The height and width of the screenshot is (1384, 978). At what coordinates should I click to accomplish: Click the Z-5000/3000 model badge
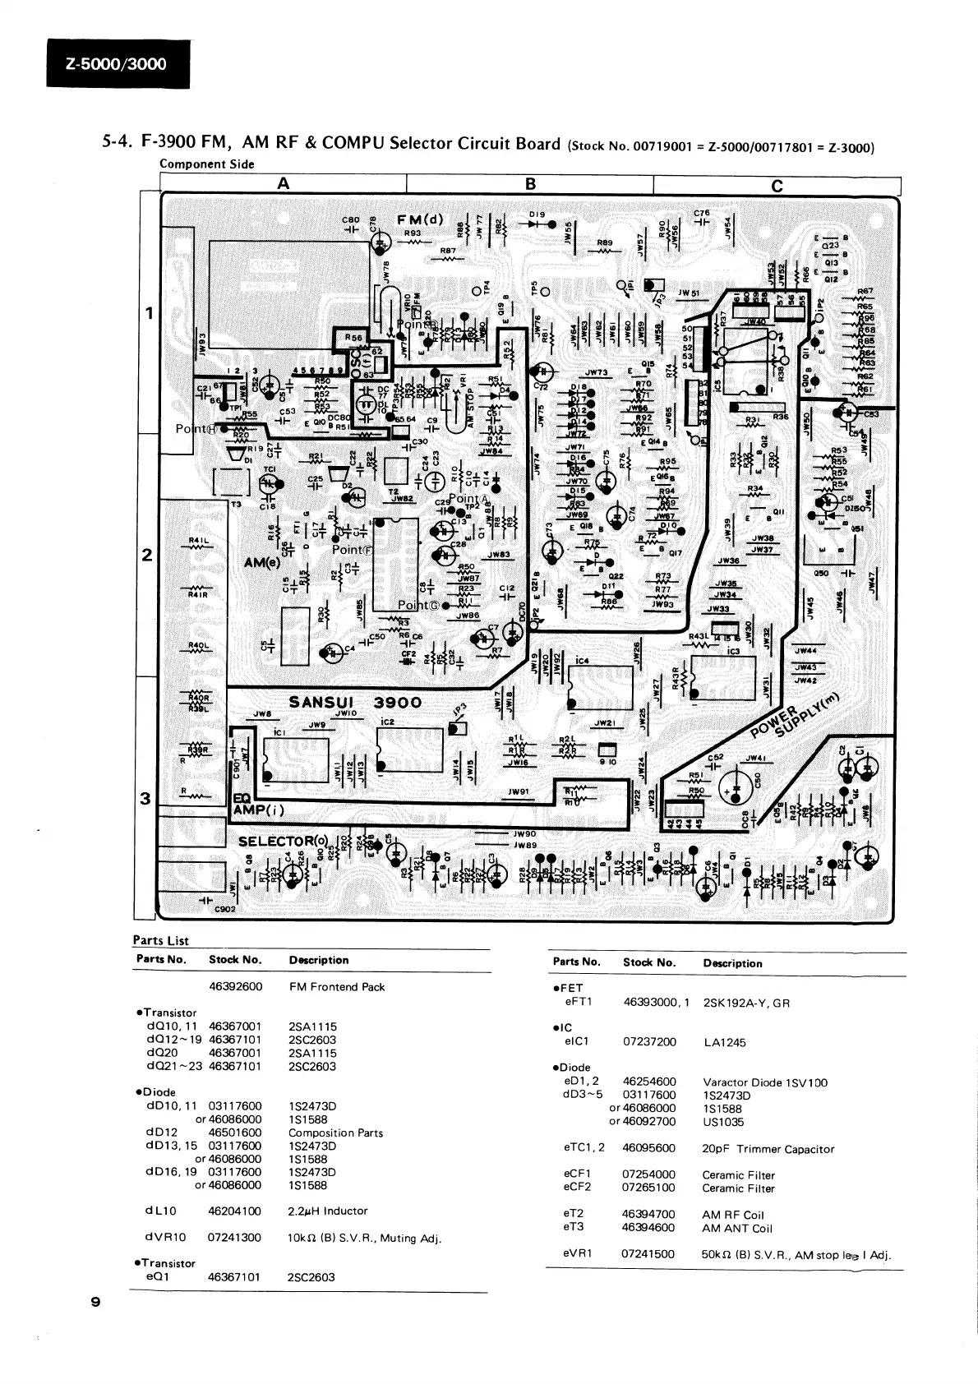tap(118, 64)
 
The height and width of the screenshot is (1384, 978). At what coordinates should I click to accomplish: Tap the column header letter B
tap(530, 184)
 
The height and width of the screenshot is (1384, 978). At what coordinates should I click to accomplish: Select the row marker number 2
tap(147, 556)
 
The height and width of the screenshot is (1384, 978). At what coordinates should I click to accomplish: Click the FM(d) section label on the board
tap(420, 219)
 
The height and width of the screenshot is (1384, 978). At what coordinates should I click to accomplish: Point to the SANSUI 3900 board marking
tap(355, 703)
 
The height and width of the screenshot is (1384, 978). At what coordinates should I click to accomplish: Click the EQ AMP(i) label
tap(257, 805)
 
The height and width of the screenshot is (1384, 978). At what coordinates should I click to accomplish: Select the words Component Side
tap(206, 164)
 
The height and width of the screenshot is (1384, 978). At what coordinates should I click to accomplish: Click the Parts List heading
tap(160, 941)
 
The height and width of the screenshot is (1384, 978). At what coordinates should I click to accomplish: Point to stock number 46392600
tap(235, 986)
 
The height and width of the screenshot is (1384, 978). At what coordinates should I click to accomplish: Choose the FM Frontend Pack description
tap(336, 986)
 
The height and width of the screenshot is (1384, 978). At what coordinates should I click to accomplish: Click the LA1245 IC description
tap(724, 1042)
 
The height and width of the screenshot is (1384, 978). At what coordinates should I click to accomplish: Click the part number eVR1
tap(578, 1254)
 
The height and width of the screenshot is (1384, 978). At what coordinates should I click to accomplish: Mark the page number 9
tap(96, 1303)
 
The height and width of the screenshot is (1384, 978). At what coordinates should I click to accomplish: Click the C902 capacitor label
tap(224, 910)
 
